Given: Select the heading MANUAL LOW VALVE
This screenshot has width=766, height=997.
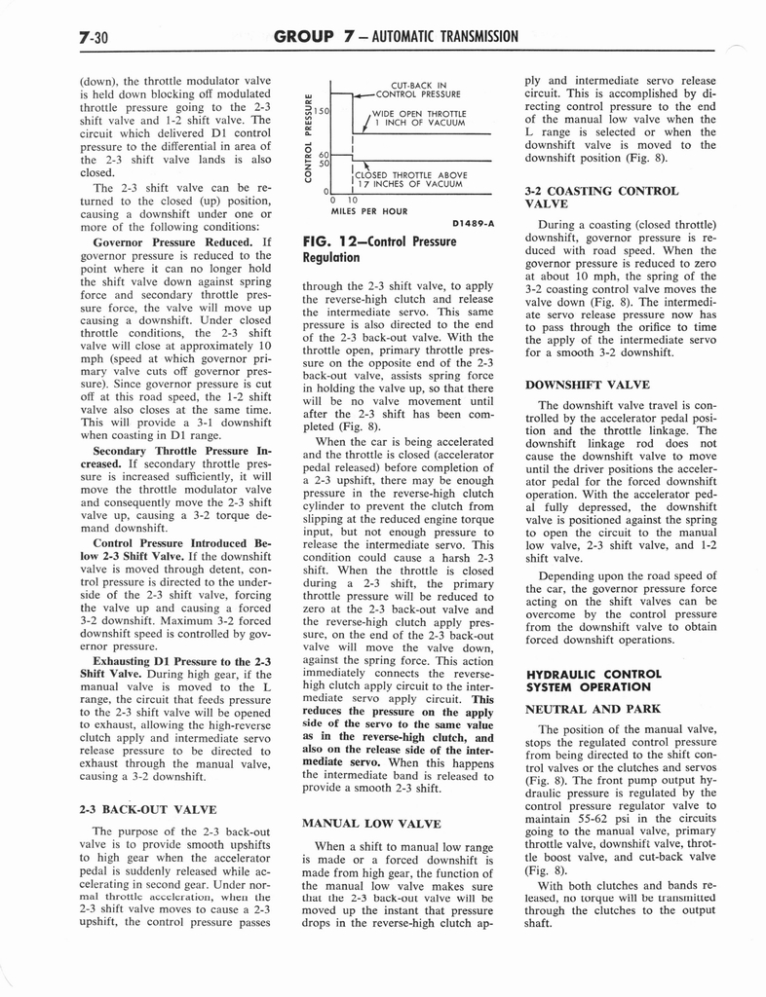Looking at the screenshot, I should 371,824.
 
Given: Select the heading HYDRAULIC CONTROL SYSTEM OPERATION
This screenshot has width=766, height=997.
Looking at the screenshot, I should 593,680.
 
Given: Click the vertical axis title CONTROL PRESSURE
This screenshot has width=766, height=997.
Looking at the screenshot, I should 309,136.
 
